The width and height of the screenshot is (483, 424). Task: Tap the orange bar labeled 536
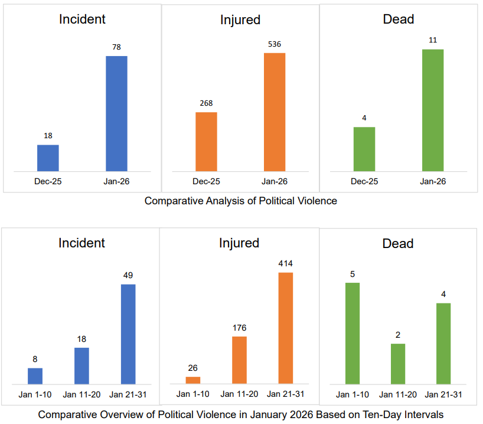point(275,112)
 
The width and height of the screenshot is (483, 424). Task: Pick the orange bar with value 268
point(206,142)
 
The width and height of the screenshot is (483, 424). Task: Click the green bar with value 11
point(433,110)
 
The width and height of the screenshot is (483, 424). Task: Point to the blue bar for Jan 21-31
point(128,334)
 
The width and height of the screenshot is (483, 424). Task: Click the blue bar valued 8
point(35,376)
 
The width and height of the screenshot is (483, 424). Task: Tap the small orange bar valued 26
point(193,380)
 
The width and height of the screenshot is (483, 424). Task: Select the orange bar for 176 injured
point(239,360)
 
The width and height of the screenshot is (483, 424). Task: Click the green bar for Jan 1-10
point(353,333)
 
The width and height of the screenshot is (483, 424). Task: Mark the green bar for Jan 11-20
point(398,363)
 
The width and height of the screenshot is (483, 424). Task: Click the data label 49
point(128,275)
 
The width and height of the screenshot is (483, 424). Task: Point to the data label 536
point(275,44)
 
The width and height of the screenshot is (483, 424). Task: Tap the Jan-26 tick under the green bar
point(433,181)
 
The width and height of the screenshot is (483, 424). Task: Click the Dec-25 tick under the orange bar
point(206,181)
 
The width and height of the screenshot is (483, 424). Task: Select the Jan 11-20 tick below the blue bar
point(82,394)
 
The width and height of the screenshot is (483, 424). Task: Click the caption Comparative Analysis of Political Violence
point(241,201)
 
